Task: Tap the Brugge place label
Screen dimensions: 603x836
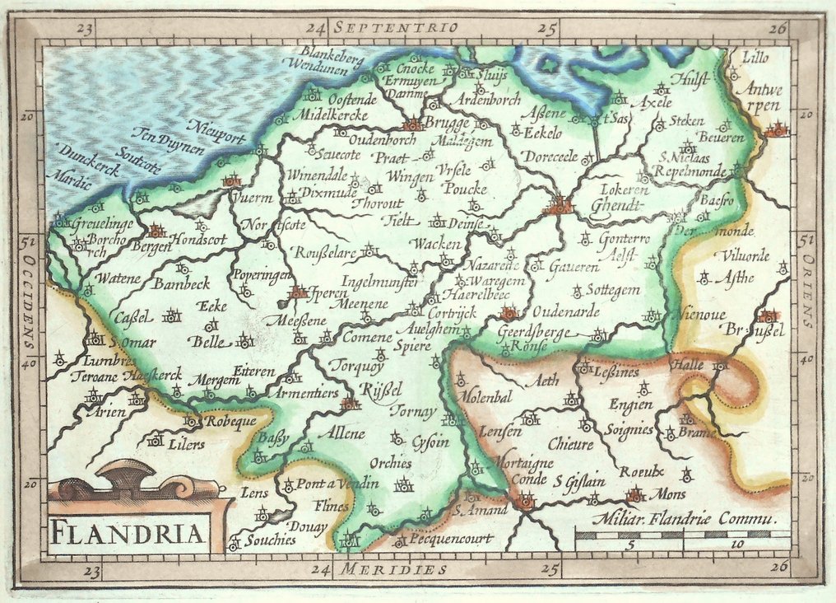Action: pos(447,123)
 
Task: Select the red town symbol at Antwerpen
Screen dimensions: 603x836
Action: pos(775,129)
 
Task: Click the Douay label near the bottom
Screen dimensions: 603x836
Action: pos(309,525)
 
